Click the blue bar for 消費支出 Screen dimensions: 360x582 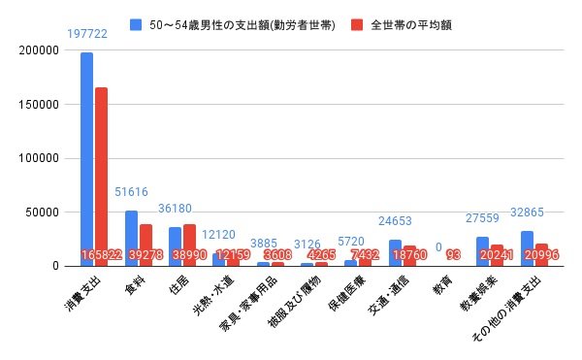coord(87,159)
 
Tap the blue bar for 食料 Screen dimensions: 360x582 coord(131,238)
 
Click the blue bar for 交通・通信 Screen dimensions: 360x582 coord(395,252)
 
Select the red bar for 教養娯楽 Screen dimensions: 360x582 coord(496,255)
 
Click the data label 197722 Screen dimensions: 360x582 coord(87,33)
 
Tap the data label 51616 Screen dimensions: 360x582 coord(131,191)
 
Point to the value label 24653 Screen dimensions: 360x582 coord(395,220)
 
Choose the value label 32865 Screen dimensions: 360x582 coord(526,211)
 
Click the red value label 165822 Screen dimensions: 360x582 coord(101,254)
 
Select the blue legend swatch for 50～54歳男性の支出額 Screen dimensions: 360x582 coord(136,21)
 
